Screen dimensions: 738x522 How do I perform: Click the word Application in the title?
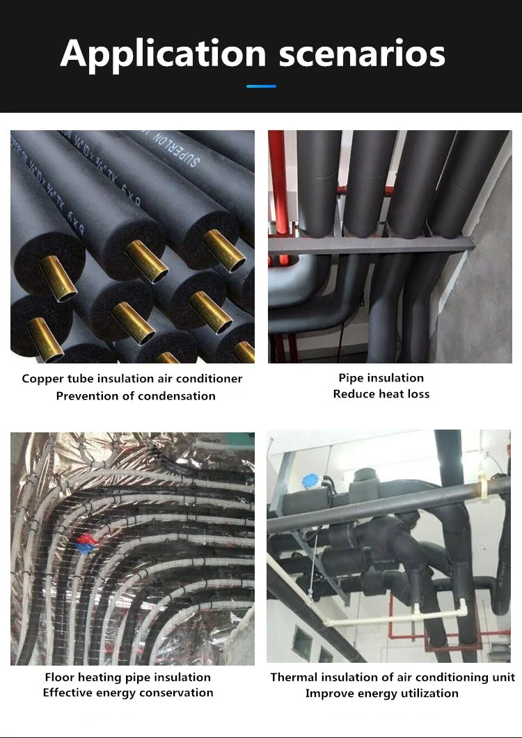pyautogui.click(x=163, y=54)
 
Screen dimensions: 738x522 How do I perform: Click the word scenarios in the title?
pyautogui.click(x=362, y=54)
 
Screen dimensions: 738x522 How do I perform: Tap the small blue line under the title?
pyautogui.click(x=261, y=86)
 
